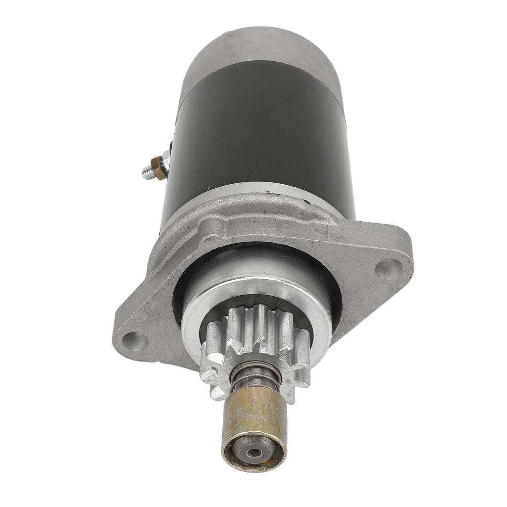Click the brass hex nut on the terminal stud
click(159, 169)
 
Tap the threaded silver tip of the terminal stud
click(147, 174)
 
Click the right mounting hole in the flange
click(389, 268)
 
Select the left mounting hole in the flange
click(135, 341)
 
